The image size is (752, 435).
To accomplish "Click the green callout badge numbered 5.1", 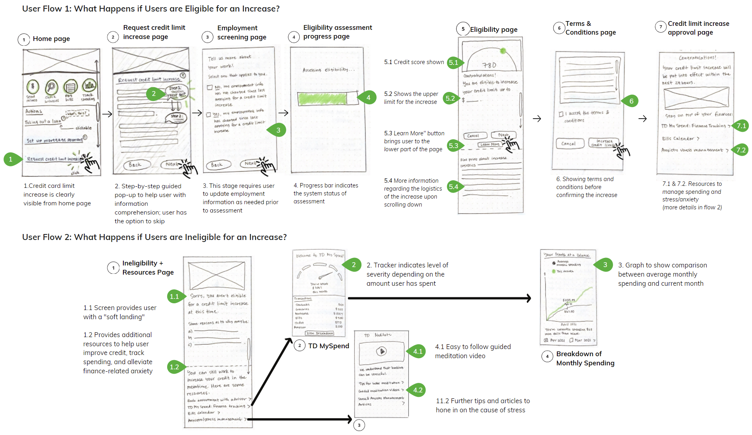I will coord(453,62).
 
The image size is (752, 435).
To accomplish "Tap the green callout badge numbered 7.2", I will coord(740,150).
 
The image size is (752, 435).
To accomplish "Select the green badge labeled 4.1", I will coord(418,351).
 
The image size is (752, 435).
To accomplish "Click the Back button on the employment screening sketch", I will coord(217,165).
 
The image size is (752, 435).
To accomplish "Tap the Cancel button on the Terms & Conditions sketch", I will coord(568,144).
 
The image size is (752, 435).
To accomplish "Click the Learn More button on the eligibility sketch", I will coord(489,144).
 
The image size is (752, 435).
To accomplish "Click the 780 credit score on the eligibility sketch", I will coord(489,65).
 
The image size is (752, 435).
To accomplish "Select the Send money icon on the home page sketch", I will coord(33,86).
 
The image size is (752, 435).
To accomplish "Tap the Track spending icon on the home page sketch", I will coord(89,85).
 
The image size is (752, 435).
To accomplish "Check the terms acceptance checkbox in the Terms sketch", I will coord(561,114).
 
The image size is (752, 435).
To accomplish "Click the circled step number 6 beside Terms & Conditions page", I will coord(559,28).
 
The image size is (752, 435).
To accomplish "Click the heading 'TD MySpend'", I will coord(328,346).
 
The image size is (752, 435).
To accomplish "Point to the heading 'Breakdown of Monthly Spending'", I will coord(585,358).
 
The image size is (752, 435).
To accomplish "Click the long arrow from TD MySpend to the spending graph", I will coord(438,298).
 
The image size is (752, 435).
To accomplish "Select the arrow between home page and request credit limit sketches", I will coord(107,114).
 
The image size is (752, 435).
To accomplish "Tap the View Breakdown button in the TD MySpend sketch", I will coord(319,333).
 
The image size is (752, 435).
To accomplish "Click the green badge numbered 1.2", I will coord(174,367).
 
